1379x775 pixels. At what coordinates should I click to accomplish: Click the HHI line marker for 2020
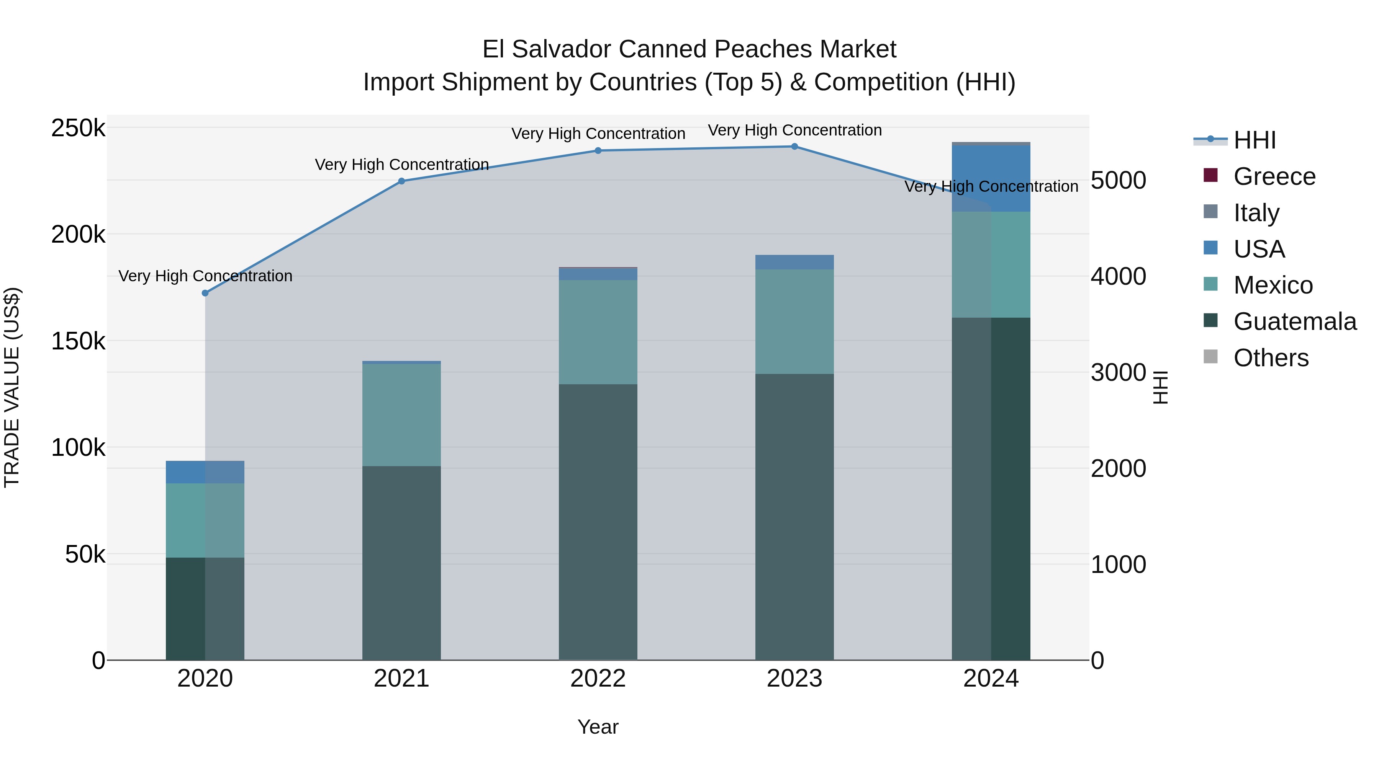click(205, 293)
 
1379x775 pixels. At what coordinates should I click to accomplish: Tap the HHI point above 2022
click(598, 151)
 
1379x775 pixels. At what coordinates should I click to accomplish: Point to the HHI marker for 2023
click(794, 147)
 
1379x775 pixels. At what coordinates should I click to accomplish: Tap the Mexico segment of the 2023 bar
click(794, 321)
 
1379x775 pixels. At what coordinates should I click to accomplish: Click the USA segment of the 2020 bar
click(205, 472)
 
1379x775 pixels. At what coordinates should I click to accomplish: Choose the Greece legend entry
click(1274, 176)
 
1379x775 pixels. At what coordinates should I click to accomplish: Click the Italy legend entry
click(1256, 213)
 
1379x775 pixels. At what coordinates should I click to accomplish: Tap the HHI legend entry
click(1254, 140)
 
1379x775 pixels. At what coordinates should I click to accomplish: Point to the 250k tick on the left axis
click(78, 128)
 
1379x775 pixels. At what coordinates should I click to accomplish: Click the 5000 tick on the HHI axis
click(1118, 180)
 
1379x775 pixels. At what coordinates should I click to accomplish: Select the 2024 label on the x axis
click(991, 679)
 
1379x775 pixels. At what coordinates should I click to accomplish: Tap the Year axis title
click(598, 727)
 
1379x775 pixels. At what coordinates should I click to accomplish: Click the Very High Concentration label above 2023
click(794, 131)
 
